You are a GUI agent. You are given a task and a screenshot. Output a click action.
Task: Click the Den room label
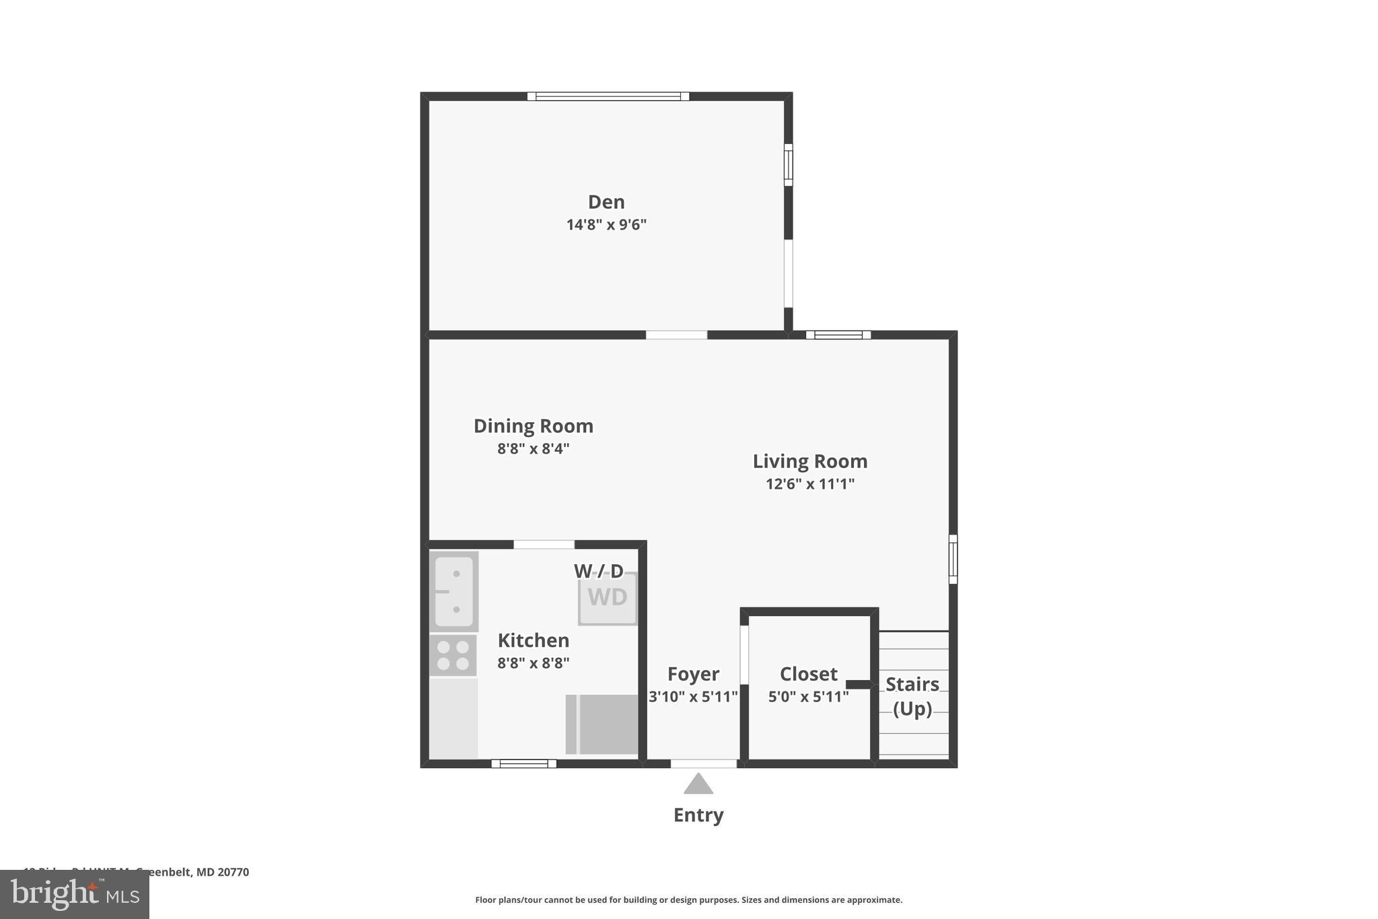point(606,202)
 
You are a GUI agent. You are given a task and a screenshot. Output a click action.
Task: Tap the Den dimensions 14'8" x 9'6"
point(606,225)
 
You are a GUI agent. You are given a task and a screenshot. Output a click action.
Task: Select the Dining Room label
point(533,426)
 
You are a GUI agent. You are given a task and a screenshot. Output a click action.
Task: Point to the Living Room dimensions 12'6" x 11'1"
point(809,484)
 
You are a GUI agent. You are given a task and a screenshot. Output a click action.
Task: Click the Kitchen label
point(533,640)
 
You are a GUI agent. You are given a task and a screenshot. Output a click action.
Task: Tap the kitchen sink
point(454,591)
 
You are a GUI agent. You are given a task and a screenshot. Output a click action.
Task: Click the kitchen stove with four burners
point(453,655)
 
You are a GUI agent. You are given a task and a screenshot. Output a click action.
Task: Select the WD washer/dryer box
point(608,598)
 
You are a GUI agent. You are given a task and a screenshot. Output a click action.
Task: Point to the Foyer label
point(693,674)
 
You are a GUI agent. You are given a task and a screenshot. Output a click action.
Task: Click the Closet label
point(808,674)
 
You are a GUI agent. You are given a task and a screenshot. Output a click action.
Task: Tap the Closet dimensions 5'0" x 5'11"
point(808,697)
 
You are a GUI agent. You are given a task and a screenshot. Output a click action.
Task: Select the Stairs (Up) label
point(912,696)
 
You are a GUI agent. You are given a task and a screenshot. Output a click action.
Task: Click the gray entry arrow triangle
point(698,784)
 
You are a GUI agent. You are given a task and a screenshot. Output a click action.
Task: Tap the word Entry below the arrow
point(698,815)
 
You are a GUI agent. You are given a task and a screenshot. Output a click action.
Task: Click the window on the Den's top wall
point(608,96)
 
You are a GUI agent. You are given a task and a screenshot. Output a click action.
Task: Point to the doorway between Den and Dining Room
point(676,335)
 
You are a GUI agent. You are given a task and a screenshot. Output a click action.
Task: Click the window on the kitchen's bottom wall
point(523,763)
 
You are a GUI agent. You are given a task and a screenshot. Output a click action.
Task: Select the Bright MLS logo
point(75,894)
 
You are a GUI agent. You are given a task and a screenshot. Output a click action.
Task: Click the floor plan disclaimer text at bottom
point(688,900)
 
